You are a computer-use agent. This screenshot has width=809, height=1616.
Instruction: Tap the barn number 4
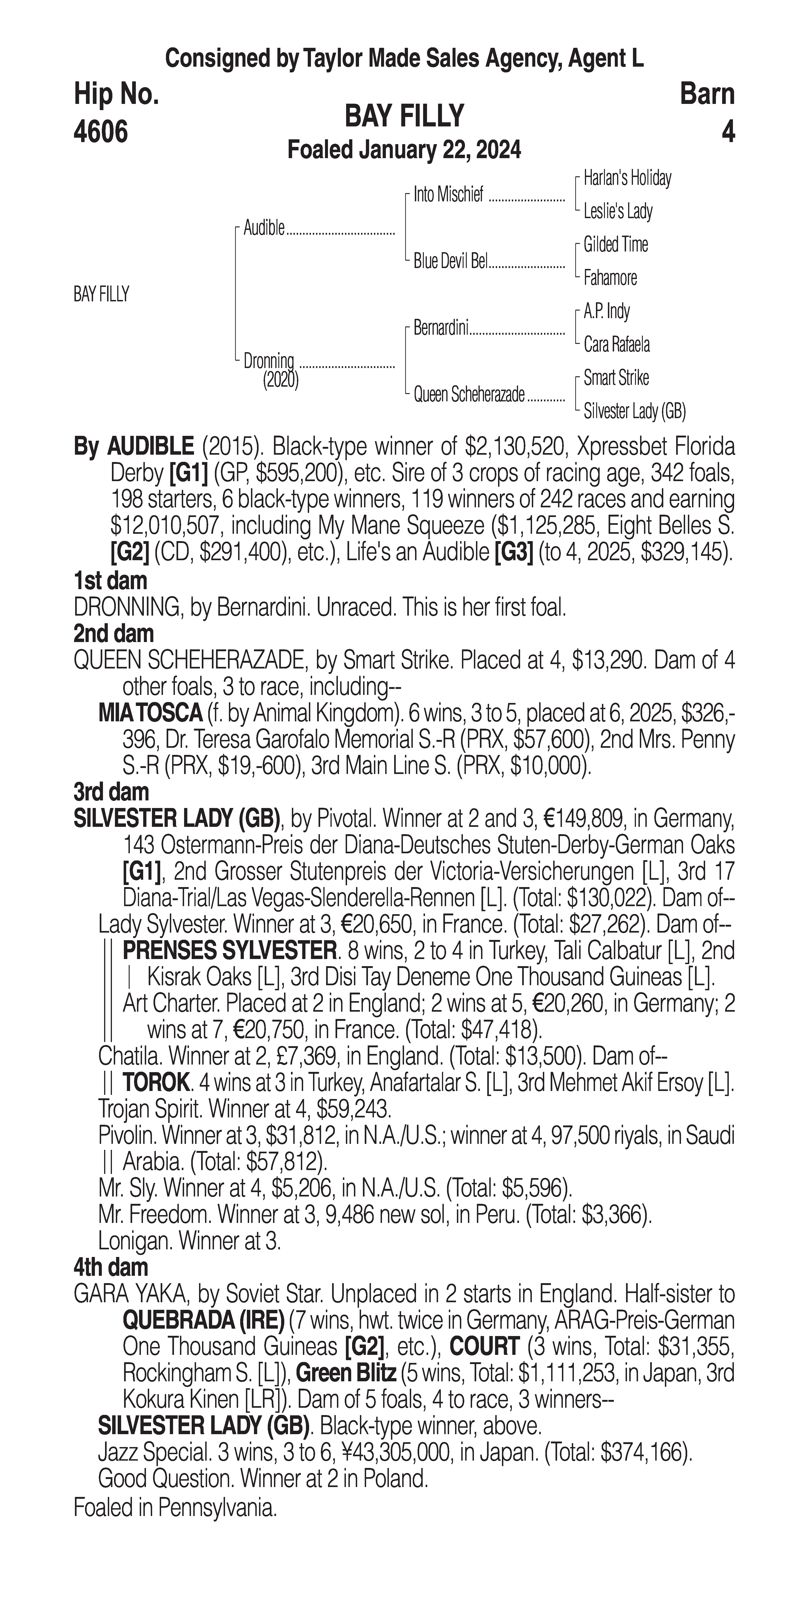(727, 132)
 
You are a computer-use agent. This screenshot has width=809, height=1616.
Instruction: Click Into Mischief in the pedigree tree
(448, 195)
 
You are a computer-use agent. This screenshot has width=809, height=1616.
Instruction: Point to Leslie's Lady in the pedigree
(618, 211)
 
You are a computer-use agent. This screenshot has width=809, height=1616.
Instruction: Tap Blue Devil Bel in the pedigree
(450, 262)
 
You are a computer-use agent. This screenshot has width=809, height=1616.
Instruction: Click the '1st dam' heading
(110, 581)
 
